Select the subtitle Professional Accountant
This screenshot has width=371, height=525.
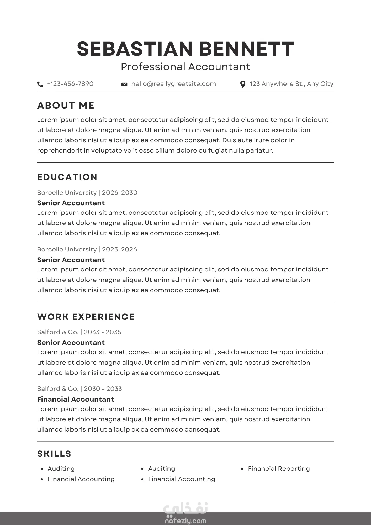click(x=185, y=67)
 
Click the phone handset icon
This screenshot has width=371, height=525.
click(x=40, y=84)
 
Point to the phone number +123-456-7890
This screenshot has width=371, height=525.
click(x=70, y=84)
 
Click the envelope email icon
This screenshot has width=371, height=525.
click(x=124, y=84)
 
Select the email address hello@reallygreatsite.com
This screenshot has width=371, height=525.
click(x=174, y=84)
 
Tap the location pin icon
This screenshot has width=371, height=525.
click(x=243, y=84)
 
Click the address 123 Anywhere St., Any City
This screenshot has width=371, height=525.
click(x=291, y=84)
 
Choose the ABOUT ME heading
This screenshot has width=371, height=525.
click(x=66, y=106)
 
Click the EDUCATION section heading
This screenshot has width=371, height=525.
click(x=67, y=177)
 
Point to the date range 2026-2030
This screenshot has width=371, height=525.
click(x=120, y=193)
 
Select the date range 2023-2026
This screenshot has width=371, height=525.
click(x=119, y=249)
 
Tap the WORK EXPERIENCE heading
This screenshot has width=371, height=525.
click(x=86, y=317)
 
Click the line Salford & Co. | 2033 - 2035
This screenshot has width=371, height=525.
click(x=79, y=332)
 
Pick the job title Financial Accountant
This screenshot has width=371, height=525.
click(x=76, y=399)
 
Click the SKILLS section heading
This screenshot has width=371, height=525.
click(x=54, y=454)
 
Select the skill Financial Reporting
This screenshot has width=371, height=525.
click(x=279, y=469)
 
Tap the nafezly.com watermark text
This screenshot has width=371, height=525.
click(x=185, y=521)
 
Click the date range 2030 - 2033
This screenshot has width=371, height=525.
click(x=103, y=389)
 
